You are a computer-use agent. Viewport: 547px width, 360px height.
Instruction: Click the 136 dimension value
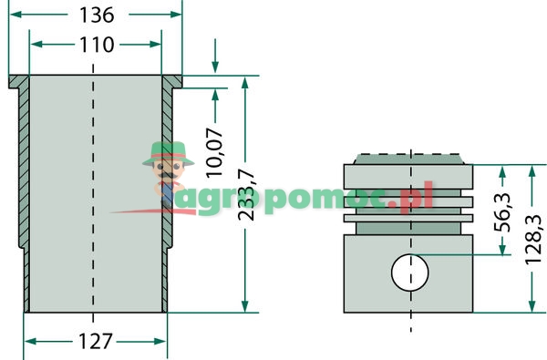coord(97,15)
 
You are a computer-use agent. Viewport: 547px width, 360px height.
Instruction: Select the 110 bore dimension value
coord(97,45)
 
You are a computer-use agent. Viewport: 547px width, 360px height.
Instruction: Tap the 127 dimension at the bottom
coord(95,342)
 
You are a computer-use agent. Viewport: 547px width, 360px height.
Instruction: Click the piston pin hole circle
coord(409,272)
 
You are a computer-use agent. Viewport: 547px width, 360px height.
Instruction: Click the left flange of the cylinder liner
coord(19,81)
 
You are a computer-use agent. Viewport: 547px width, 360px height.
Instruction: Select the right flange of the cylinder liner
coord(172,81)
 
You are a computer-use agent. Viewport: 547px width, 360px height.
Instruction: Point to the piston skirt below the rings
coord(409,273)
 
